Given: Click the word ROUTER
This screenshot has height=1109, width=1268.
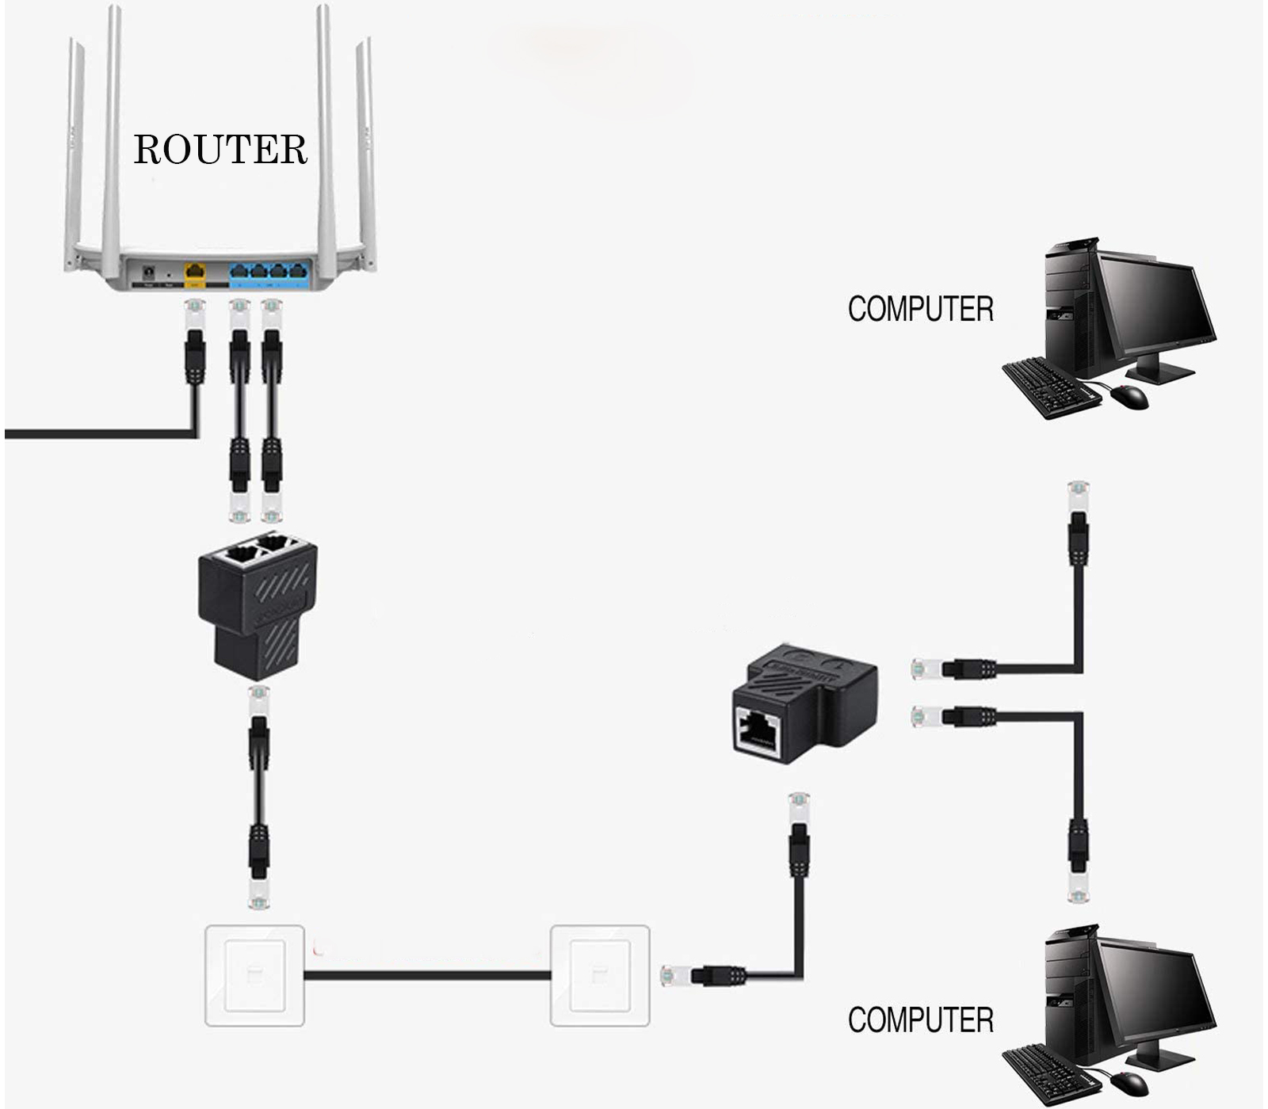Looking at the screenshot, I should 220,149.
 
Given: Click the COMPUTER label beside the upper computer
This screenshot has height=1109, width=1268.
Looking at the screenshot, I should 920,309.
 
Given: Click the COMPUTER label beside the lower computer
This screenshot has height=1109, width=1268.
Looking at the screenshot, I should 920,1020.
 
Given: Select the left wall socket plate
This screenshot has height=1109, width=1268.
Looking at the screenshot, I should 254,975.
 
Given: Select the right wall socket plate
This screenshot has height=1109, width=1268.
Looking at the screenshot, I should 600,975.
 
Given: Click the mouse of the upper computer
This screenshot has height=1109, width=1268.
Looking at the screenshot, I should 1129,396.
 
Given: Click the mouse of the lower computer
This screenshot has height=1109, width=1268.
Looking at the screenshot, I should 1129,1082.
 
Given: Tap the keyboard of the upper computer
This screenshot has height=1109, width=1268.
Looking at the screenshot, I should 1050,387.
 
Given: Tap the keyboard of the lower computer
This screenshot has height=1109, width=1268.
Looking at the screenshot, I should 1050,1073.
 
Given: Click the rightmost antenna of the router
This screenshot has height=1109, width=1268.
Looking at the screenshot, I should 366,151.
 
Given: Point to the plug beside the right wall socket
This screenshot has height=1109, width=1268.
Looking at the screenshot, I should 705,975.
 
